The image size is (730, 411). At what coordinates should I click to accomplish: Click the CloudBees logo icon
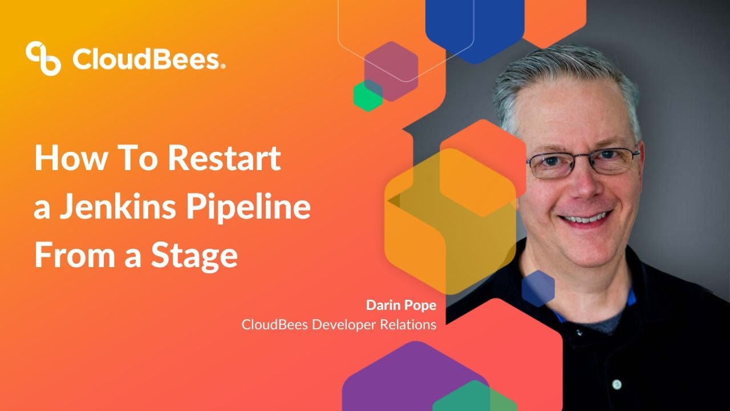[43, 58]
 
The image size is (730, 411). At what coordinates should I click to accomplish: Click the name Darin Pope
[401, 305]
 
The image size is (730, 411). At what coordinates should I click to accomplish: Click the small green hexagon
[368, 95]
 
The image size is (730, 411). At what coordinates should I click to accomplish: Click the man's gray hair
[565, 74]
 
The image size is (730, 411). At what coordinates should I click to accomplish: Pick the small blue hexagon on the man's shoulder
[538, 288]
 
